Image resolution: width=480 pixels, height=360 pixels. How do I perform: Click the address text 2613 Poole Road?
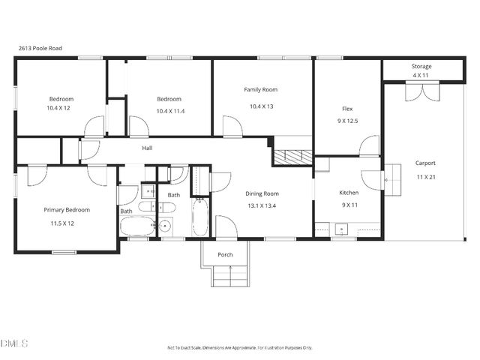pyautogui.click(x=40, y=49)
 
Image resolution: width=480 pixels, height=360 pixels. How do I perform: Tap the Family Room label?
pyautogui.click(x=260, y=90)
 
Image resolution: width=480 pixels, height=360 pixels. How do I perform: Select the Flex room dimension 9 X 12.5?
pyautogui.click(x=346, y=121)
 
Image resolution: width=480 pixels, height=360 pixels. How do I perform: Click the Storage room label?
pyautogui.click(x=421, y=67)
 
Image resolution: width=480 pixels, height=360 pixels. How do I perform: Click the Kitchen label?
pyautogui.click(x=349, y=193)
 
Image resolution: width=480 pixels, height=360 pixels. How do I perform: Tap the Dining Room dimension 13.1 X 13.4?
pyautogui.click(x=262, y=205)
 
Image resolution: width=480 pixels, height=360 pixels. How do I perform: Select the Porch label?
pyautogui.click(x=225, y=255)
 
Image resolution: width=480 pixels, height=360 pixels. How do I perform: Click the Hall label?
pyautogui.click(x=148, y=148)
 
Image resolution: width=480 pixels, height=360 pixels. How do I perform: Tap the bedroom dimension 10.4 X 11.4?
pyautogui.click(x=169, y=111)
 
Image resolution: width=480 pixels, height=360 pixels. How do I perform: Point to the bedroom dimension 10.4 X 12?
pyautogui.click(x=61, y=108)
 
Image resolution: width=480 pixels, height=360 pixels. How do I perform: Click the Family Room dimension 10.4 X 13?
pyautogui.click(x=261, y=106)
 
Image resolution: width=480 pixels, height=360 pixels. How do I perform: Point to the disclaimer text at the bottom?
pyautogui.click(x=239, y=347)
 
